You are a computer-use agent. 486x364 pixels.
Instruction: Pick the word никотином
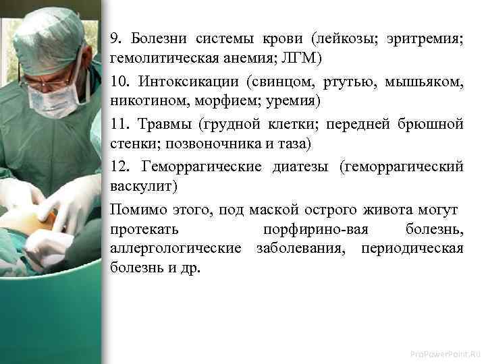tap(139, 102)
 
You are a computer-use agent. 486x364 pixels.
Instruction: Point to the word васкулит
tap(141, 187)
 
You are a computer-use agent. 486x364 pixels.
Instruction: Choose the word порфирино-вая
tap(316, 230)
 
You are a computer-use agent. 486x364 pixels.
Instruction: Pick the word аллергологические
tap(175, 249)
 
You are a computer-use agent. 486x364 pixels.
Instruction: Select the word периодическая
tap(412, 249)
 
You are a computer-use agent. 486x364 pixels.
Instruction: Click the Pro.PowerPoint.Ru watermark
tap(446, 352)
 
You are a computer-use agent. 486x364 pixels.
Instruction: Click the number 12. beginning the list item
tap(119, 166)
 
